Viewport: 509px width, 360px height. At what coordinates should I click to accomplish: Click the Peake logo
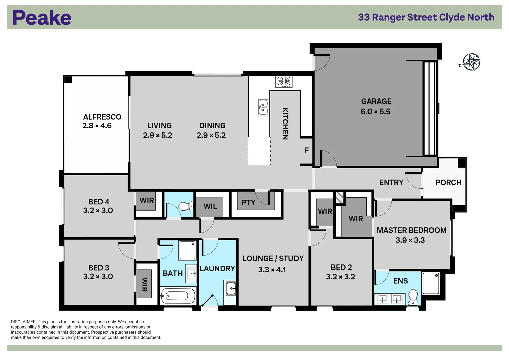coord(42,18)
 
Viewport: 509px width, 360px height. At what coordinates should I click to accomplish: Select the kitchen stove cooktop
coord(284,82)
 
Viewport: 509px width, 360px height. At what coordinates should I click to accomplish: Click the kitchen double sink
coord(263,107)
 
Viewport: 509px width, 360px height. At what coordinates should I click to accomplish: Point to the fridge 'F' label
coord(307,151)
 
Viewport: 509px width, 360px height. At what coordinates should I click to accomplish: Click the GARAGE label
coord(376,101)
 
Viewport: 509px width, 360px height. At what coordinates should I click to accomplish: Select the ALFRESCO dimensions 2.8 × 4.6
coord(97,126)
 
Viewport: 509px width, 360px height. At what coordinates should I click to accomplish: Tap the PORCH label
coord(448,183)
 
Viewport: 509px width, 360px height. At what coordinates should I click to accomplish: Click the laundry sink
coord(231,288)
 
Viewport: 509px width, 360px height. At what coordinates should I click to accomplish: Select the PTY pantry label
coord(248,203)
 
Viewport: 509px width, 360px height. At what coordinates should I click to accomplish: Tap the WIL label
coord(210,207)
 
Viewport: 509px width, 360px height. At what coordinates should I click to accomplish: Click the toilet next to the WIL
coord(186,206)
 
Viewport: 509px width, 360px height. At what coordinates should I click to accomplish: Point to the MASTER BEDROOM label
coord(411,230)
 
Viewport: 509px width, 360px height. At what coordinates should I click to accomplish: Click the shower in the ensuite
coord(431,283)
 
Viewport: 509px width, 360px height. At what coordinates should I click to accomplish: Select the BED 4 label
coord(99,202)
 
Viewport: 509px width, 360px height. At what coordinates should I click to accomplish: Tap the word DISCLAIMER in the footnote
coord(23,322)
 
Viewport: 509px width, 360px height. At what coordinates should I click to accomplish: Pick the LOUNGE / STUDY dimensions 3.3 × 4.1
coord(272,270)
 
